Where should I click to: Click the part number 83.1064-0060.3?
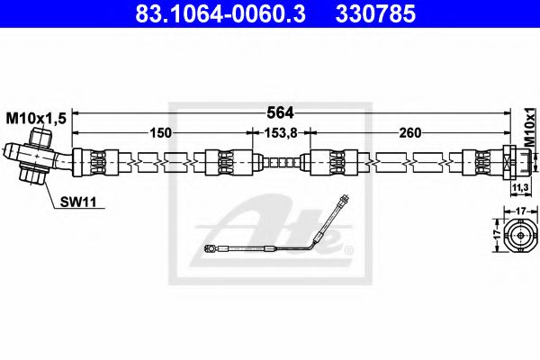(220, 14)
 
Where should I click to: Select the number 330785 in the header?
(375, 14)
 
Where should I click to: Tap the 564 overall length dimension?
(280, 112)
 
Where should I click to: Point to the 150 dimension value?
(161, 132)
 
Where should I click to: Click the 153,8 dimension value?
(280, 132)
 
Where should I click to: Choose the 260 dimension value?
(409, 132)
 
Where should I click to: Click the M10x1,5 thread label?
(36, 119)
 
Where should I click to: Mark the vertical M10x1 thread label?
(530, 127)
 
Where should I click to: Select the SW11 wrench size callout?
(78, 202)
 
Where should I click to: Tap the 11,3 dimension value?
(520, 188)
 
